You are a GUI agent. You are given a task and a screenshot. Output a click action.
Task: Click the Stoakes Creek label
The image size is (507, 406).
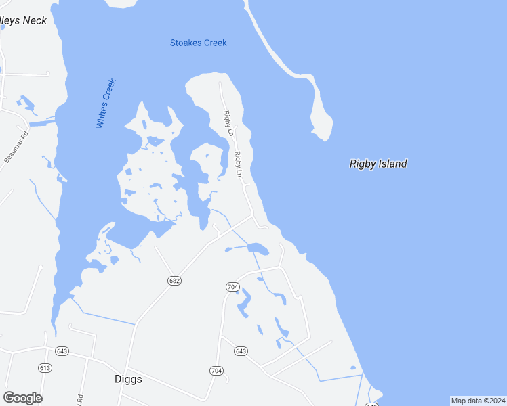(198, 43)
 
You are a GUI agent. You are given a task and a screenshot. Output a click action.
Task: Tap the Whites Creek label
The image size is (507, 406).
(106, 104)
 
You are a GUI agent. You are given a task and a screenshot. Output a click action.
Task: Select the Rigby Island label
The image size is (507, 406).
(378, 164)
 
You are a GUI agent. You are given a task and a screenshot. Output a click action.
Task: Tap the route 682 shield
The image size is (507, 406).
(175, 280)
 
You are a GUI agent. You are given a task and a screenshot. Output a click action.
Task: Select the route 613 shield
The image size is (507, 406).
(45, 368)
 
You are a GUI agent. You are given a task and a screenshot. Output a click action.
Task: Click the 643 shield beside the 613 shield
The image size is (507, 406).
(63, 351)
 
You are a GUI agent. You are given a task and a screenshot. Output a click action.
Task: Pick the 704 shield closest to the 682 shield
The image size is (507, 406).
(232, 287)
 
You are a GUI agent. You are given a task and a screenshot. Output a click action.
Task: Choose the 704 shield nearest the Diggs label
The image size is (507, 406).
(216, 371)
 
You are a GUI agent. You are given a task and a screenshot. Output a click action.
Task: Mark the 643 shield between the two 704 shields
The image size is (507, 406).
(241, 351)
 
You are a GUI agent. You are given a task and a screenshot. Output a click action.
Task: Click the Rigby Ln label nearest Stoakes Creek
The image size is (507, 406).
(229, 123)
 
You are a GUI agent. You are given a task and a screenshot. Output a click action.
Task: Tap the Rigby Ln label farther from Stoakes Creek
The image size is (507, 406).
(239, 164)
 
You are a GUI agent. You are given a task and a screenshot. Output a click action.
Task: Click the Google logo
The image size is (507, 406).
(22, 398)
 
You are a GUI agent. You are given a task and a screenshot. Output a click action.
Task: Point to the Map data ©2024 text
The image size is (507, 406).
(478, 401)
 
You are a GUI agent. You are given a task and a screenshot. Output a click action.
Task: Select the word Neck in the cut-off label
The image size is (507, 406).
(35, 21)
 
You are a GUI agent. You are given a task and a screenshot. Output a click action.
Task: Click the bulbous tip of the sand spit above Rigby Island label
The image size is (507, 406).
(321, 125)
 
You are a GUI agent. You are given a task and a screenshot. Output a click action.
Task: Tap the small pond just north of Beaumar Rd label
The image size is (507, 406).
(27, 104)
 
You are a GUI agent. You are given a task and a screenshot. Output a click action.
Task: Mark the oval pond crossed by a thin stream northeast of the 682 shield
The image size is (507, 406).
(257, 248)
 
